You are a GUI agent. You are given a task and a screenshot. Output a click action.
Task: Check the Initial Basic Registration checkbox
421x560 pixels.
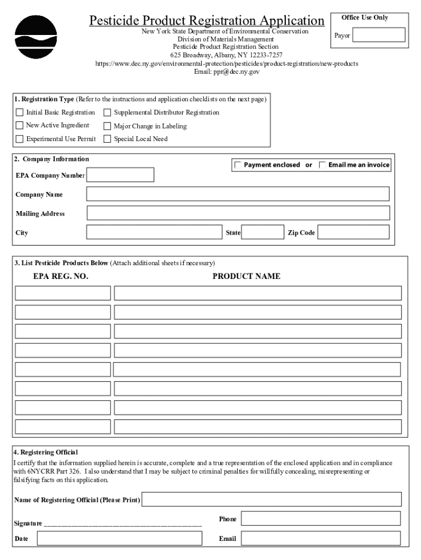(20, 113)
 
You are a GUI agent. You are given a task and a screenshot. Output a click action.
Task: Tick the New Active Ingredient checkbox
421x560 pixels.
(20, 126)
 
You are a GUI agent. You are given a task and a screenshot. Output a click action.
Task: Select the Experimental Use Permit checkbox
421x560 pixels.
(20, 139)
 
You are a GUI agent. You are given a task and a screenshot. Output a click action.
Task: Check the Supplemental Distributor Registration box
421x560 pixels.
(107, 113)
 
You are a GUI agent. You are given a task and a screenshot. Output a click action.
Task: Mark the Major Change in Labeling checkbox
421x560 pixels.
(107, 126)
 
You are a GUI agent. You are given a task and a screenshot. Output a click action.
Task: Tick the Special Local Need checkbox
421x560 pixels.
(107, 139)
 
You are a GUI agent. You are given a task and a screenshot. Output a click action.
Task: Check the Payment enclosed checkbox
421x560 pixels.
(238, 165)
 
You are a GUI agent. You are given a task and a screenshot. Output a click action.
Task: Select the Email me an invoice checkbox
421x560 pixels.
(323, 165)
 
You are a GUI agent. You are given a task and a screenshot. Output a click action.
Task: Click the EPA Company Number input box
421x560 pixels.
(120, 175)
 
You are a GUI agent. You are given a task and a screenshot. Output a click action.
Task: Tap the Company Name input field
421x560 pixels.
(238, 194)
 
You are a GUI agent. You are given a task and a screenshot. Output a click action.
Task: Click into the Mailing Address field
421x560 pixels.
(238, 213)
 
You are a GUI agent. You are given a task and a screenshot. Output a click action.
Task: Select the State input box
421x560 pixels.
(262, 232)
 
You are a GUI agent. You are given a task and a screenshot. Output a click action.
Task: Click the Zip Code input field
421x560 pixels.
(353, 232)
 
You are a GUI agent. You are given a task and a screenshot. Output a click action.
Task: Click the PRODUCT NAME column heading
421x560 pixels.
(246, 276)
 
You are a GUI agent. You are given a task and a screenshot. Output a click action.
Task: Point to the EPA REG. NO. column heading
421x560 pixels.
(61, 276)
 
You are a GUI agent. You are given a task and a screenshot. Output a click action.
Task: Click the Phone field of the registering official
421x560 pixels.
(320, 518)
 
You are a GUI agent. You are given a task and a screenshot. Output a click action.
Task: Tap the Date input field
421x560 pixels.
(119, 539)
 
